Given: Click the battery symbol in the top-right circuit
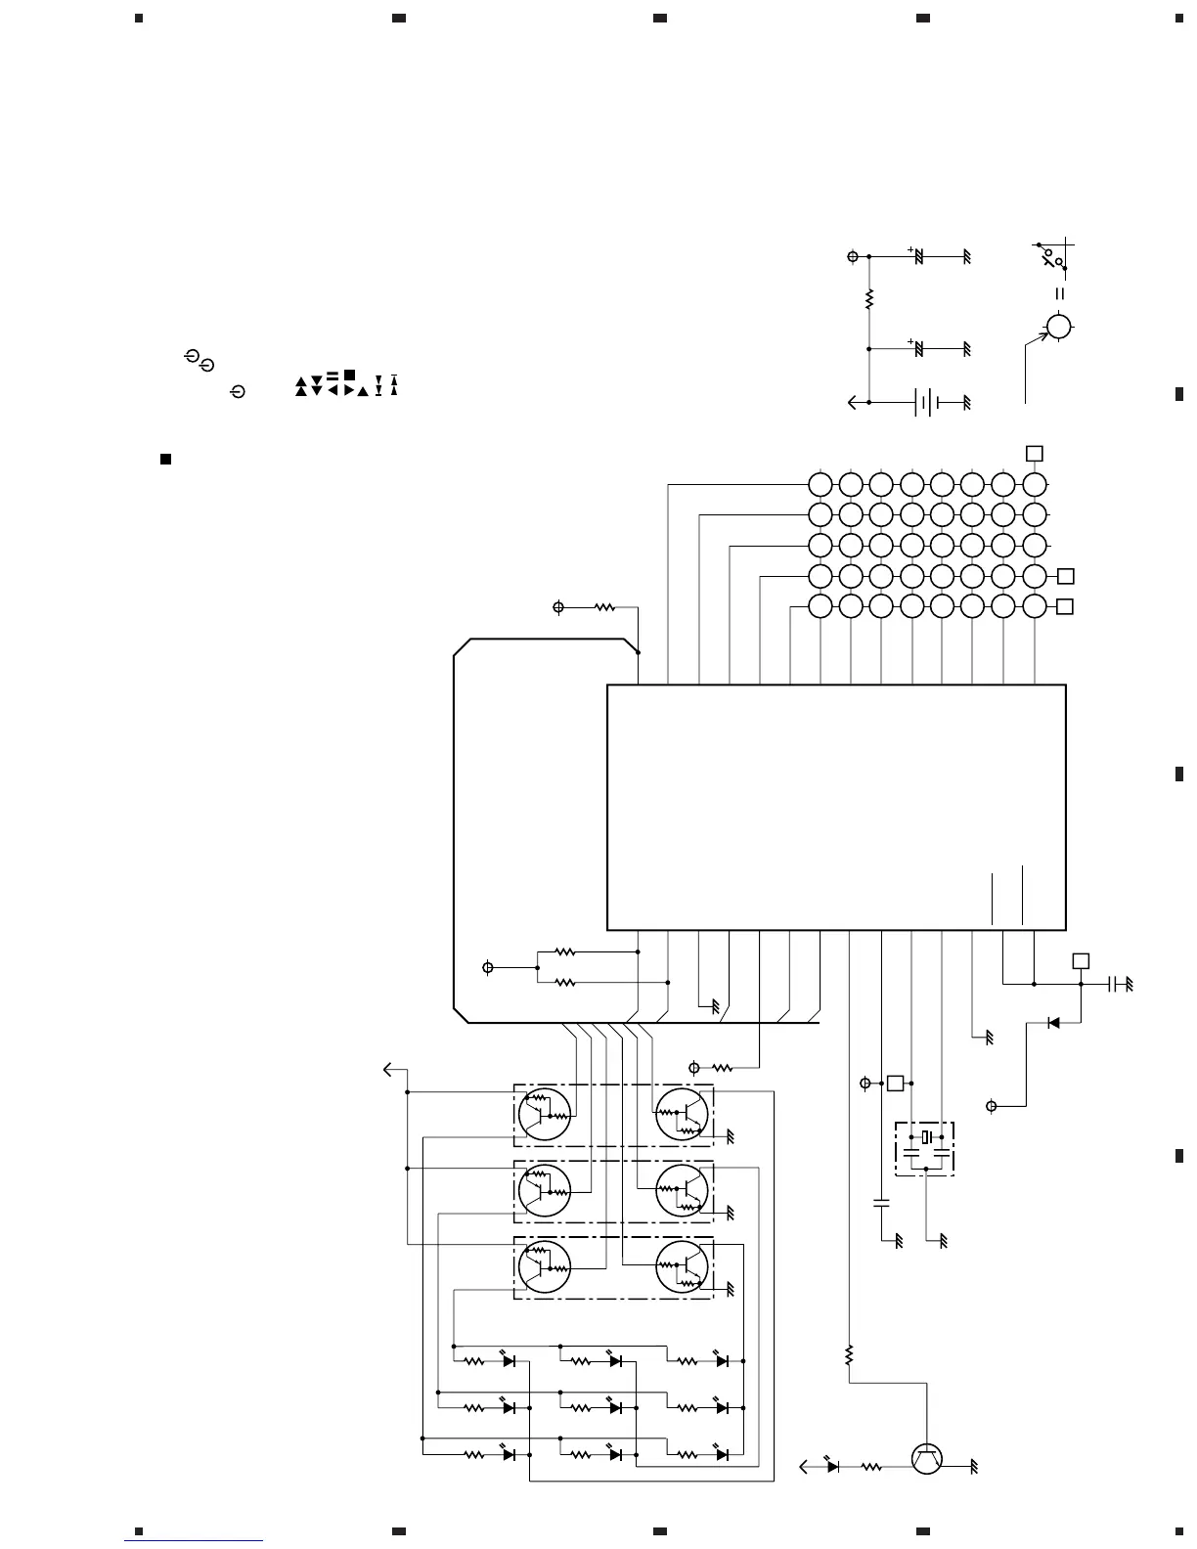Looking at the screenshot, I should point(926,402).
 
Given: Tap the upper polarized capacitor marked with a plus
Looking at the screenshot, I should point(918,256).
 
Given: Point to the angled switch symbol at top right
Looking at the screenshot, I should point(1052,258).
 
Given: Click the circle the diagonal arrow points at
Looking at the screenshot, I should point(1058,327).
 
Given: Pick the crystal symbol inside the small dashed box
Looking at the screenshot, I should point(925,1137).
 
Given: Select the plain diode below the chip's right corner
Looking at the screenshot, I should point(1053,1023).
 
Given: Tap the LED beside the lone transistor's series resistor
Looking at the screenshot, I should point(832,1467).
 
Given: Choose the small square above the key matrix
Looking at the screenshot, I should point(1034,454).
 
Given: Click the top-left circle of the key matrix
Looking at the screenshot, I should point(820,484).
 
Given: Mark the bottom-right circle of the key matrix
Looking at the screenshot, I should point(1035,606).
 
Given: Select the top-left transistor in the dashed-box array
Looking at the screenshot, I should point(543,1114).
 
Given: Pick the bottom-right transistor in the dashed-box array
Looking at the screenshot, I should point(682,1267).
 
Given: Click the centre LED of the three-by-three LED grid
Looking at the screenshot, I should point(615,1407).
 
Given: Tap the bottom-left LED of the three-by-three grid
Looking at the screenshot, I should point(508,1454).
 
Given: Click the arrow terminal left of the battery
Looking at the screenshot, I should point(853,402).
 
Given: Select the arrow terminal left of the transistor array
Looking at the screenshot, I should point(389,1071).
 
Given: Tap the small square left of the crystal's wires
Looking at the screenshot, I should point(894,1084).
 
